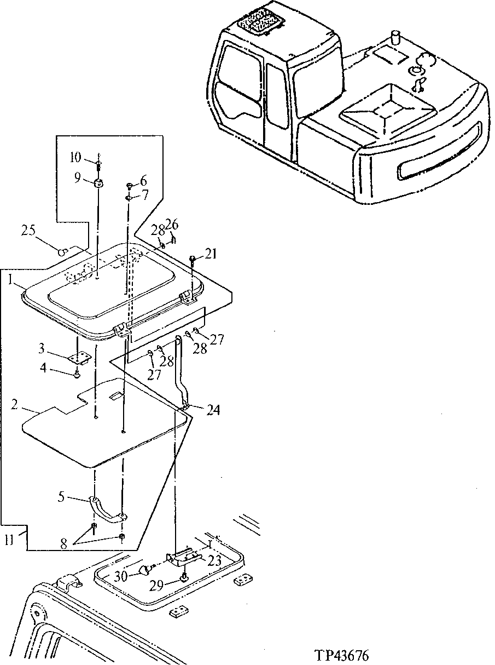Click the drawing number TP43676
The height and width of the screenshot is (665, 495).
[x=342, y=655]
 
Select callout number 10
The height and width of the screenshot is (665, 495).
[x=75, y=158]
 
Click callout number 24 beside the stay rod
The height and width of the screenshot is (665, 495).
[x=213, y=409]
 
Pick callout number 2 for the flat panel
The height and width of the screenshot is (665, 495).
[x=15, y=406]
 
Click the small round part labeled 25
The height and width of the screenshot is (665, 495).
[x=63, y=251]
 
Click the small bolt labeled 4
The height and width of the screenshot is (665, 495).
[x=78, y=374]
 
